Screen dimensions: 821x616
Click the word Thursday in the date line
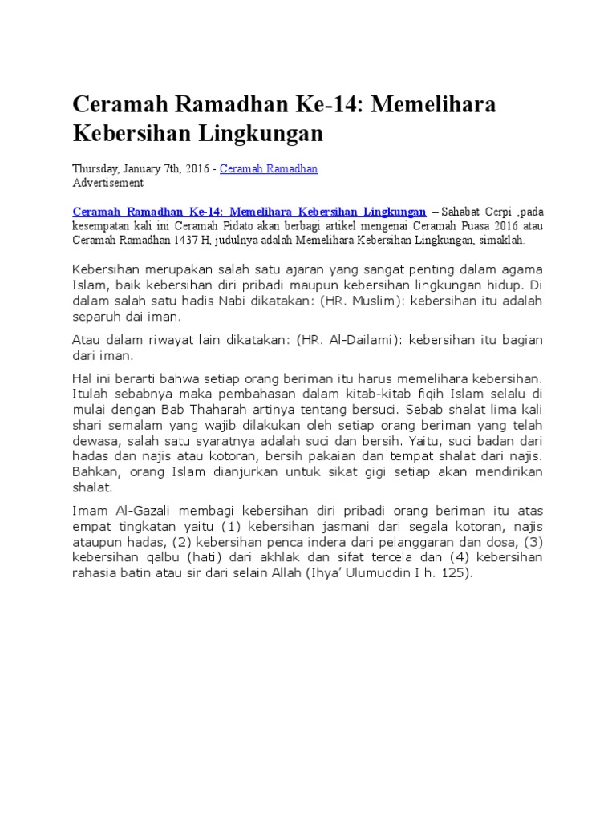[x=95, y=169]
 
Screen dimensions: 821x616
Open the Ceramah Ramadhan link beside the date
[x=269, y=169]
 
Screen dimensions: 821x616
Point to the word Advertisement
[x=108, y=183]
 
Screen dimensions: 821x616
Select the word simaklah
[x=501, y=240]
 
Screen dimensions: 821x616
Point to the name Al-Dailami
[x=363, y=341]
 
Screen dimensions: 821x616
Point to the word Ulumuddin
[x=395, y=573]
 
